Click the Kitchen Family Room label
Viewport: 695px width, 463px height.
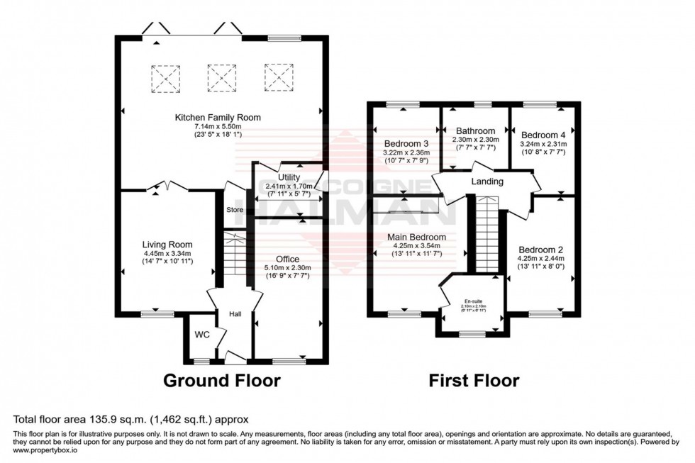218,117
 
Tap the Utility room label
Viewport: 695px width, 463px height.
289,177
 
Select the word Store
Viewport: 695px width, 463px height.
235,210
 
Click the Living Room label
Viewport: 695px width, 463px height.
168,245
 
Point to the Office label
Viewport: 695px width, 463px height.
288,259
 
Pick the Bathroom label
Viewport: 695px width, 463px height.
475,131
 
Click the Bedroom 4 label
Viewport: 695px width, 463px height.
543,135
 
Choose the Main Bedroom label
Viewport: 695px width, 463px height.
416,237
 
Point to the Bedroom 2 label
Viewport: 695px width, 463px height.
540,250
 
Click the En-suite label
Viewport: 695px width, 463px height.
472,301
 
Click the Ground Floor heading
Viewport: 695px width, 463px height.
222,381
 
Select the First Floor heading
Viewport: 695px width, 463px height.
474,381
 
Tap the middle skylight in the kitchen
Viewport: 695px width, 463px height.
221,77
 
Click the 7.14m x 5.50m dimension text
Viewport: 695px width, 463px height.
218,126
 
